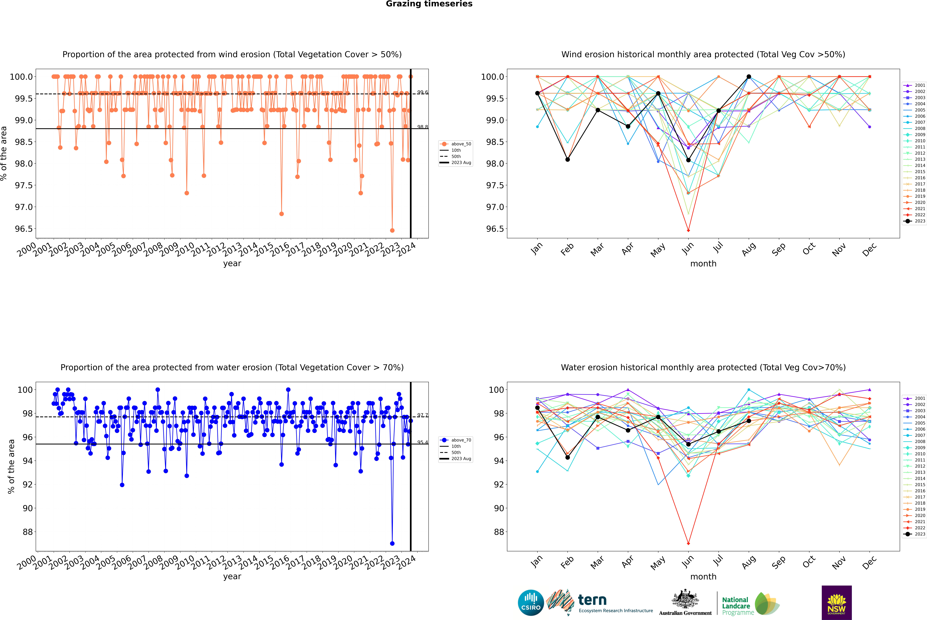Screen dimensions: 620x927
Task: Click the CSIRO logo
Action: point(531,603)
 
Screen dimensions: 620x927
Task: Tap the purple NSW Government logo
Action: point(836,603)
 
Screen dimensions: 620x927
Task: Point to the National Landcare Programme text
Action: point(736,606)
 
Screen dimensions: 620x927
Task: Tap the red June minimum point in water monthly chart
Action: point(688,543)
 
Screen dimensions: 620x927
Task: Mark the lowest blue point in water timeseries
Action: point(392,543)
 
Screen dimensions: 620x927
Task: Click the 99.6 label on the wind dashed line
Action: point(422,92)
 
